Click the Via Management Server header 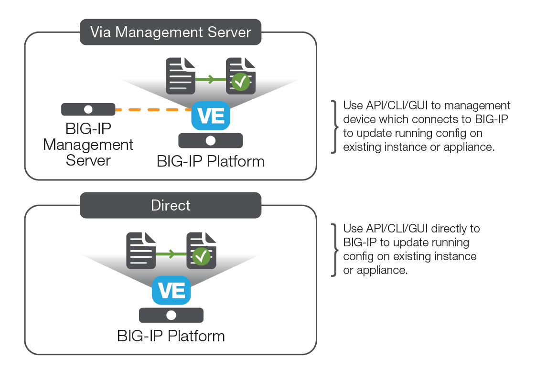[x=171, y=32]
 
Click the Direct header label [x=171, y=205]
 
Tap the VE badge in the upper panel [x=211, y=116]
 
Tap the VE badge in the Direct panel [x=171, y=290]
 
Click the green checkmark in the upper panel [x=241, y=83]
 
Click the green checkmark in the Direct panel [x=201, y=257]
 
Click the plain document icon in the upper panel [x=181, y=76]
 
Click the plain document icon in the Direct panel [x=141, y=250]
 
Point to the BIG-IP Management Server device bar [x=88, y=109]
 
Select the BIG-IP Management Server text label [x=88, y=145]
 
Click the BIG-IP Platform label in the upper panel [x=211, y=161]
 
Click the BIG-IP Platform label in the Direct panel [x=171, y=336]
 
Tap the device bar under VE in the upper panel [x=211, y=141]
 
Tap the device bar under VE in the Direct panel [x=171, y=316]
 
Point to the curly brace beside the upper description [x=334, y=126]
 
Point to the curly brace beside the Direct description [x=334, y=249]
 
